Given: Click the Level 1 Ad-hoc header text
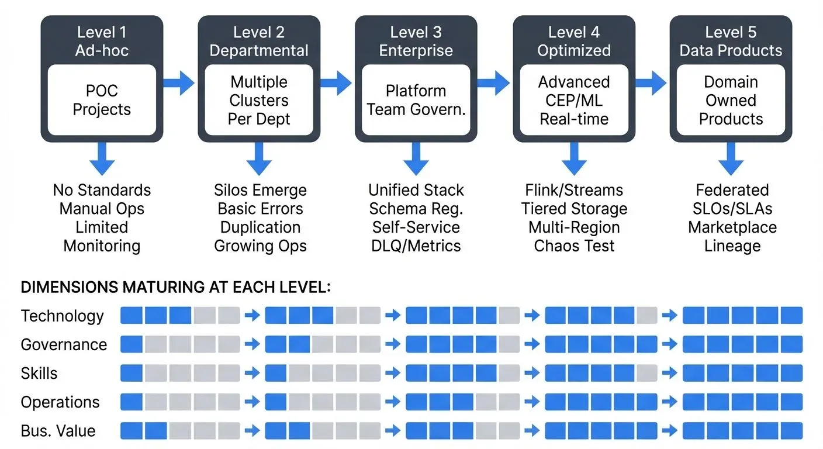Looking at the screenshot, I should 102,41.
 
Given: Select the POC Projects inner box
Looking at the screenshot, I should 102,100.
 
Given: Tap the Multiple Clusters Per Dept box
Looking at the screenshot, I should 260,100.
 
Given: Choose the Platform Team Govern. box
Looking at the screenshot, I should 416,100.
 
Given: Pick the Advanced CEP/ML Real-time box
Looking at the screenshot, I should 574,100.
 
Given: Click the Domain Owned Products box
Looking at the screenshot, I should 731,100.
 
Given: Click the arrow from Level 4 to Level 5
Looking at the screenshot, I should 650,83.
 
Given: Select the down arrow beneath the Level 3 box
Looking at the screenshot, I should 416,159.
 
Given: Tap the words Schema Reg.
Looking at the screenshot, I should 416,209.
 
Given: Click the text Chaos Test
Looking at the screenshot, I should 574,246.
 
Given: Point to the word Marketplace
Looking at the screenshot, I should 732,227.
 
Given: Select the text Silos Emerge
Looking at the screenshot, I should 260,190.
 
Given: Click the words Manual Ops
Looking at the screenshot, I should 102,209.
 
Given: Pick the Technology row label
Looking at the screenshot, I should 63,316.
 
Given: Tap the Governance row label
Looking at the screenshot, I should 64,345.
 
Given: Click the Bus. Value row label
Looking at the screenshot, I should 58,431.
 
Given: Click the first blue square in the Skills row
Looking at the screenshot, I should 132,373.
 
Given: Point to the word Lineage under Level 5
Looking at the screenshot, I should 732,246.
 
